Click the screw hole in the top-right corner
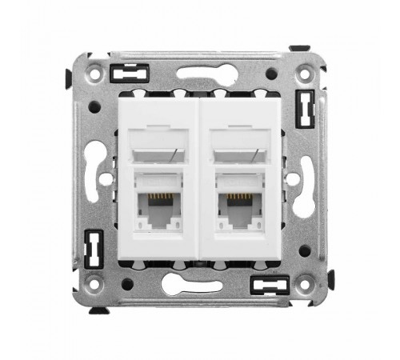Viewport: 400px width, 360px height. (304, 74)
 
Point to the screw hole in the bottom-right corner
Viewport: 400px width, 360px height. (304, 282)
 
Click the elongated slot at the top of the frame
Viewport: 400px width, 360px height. (201, 74)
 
